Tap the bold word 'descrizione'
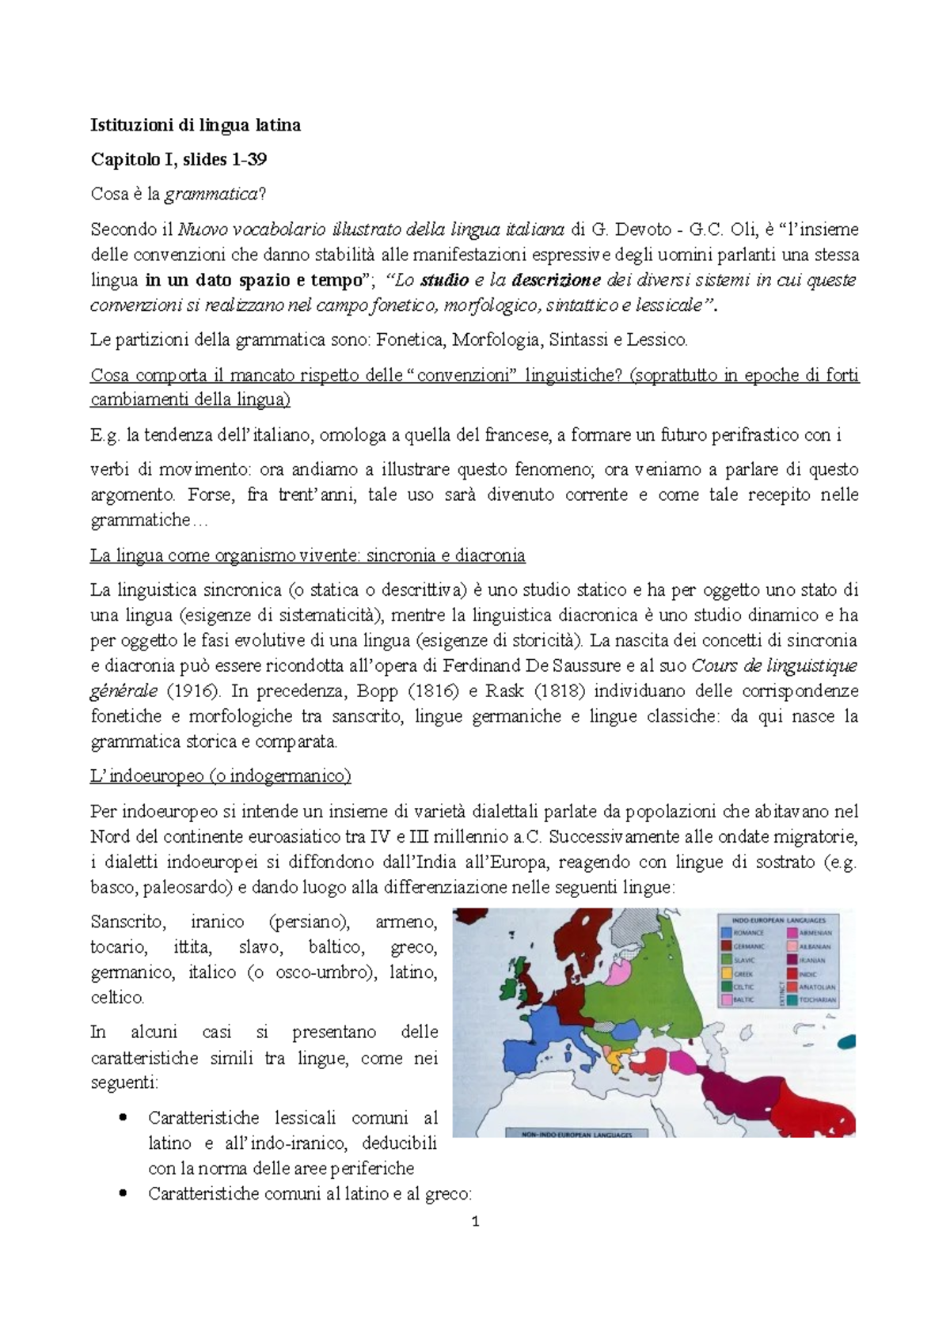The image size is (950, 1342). [557, 280]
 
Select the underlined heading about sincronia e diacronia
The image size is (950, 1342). [308, 555]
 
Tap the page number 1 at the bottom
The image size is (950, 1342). [475, 1222]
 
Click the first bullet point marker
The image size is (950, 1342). [122, 1118]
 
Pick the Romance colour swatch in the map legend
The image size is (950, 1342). [727, 933]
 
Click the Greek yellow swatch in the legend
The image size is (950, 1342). [727, 973]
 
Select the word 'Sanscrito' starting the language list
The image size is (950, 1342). [128, 922]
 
